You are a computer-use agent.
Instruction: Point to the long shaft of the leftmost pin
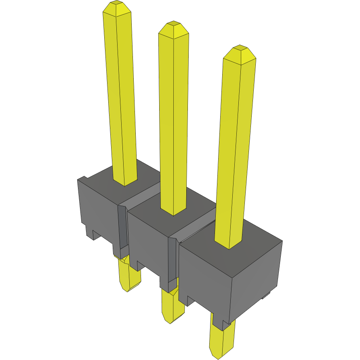(x=121, y=101)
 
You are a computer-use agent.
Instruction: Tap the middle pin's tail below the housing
(x=172, y=307)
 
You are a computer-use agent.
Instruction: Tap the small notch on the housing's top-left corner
(x=82, y=178)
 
